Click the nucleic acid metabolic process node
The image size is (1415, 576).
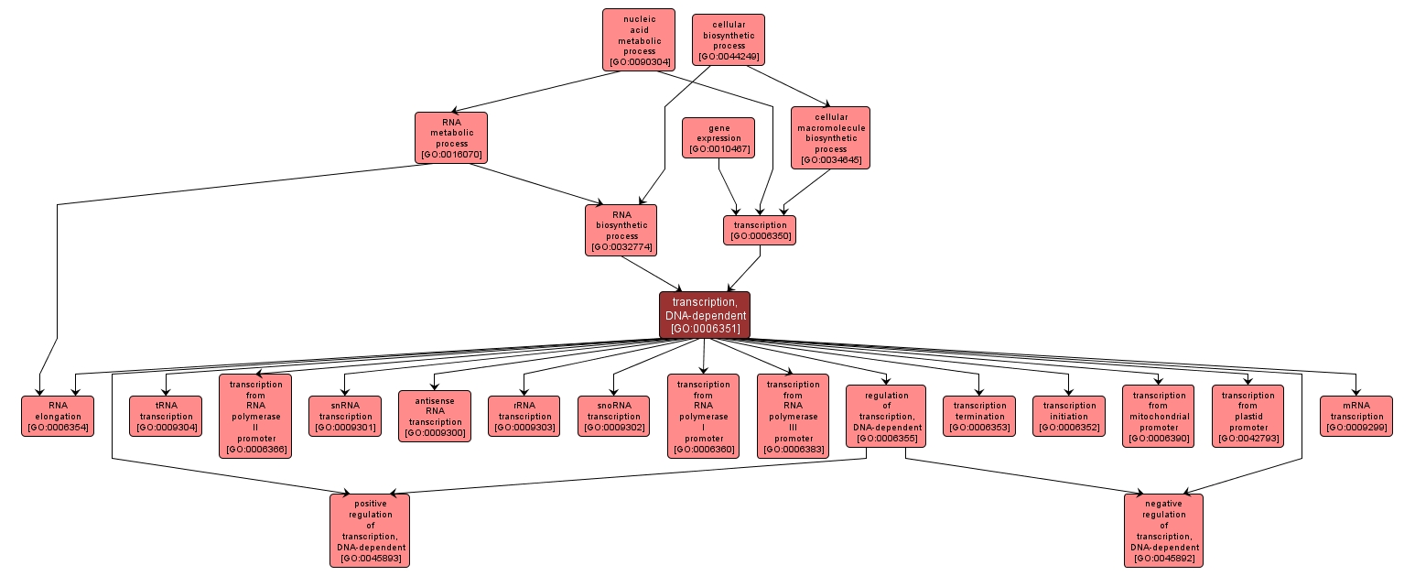click(638, 39)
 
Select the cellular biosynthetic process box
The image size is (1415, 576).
click(728, 39)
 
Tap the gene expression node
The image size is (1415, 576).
click(718, 137)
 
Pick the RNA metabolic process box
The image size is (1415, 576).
click(450, 137)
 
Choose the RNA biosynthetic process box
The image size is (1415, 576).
click(621, 230)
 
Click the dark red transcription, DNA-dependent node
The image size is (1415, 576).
click(704, 315)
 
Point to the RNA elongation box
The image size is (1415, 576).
click(58, 416)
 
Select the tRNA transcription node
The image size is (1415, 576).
click(165, 416)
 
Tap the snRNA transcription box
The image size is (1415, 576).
click(344, 416)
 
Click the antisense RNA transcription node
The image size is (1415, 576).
click(434, 416)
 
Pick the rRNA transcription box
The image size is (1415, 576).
click(524, 416)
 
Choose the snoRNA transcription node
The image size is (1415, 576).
click(613, 416)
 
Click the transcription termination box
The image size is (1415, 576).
click(978, 416)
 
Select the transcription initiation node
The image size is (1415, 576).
click(1068, 416)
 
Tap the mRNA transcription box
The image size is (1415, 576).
click(1356, 416)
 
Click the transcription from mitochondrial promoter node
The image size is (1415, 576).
click(1158, 416)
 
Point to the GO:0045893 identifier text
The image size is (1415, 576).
click(370, 558)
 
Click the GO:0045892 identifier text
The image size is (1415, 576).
click(1163, 558)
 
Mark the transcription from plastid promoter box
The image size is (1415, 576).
click(1248, 416)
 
